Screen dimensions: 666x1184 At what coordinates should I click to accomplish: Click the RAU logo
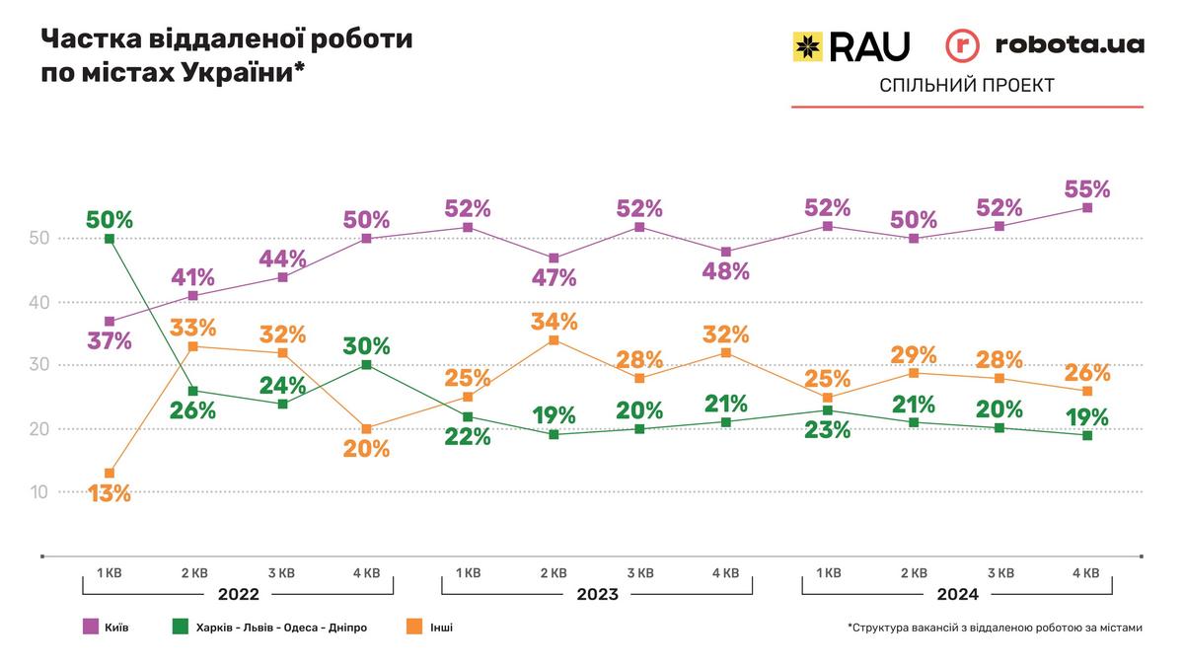[x=851, y=45]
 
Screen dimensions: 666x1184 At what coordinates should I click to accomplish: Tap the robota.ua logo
[x=1045, y=45]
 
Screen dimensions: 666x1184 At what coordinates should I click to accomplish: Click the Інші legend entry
[x=427, y=627]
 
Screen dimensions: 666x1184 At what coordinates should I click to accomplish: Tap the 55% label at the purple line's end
[x=1088, y=188]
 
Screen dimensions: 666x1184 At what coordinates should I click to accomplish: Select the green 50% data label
[x=109, y=219]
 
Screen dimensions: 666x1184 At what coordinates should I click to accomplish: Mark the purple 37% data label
[x=109, y=341]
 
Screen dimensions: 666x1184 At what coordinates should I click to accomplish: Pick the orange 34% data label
[x=554, y=321]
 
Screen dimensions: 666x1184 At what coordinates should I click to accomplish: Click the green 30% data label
[x=367, y=346]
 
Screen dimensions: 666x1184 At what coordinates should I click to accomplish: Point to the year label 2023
[x=597, y=594]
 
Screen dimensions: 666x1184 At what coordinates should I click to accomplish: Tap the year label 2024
[x=958, y=594]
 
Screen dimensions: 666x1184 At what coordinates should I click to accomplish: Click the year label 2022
[x=238, y=594]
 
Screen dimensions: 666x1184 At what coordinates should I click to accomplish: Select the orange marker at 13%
[x=109, y=474]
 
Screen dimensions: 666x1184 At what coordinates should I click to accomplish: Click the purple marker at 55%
[x=1088, y=207]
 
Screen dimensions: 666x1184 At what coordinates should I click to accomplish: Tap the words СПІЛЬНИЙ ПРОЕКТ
[x=967, y=86]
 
